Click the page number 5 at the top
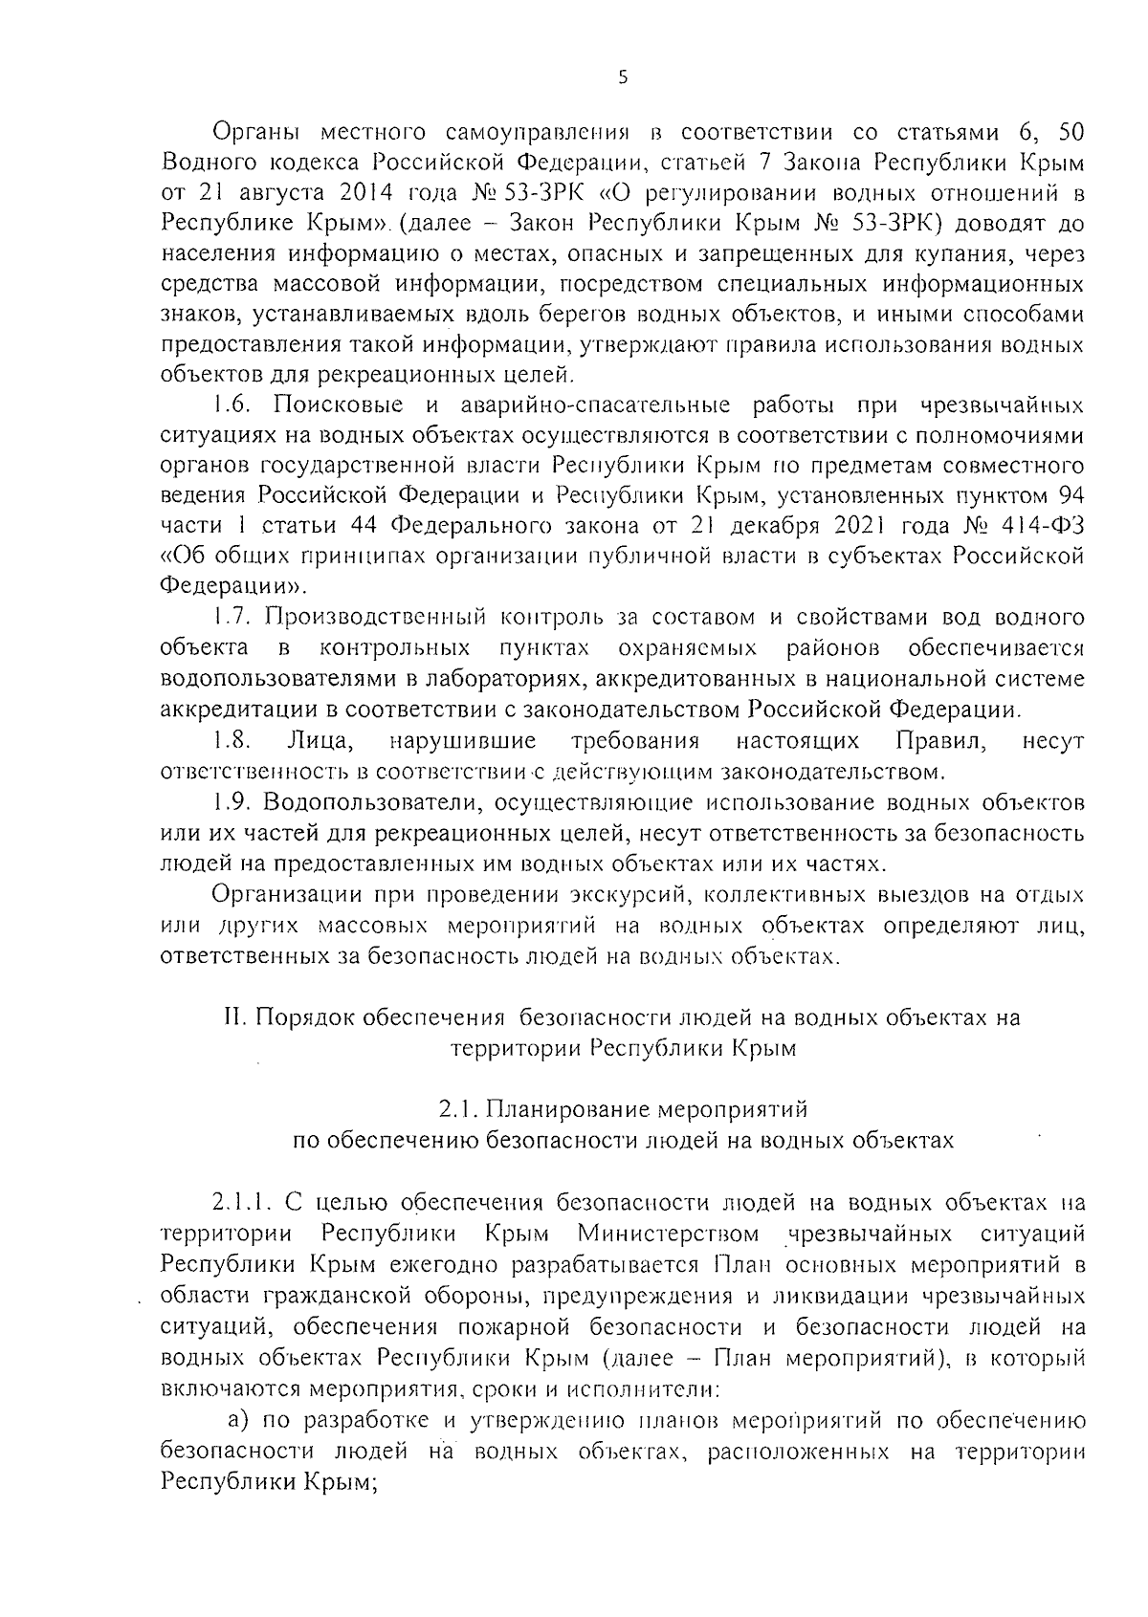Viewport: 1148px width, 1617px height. tap(623, 79)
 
